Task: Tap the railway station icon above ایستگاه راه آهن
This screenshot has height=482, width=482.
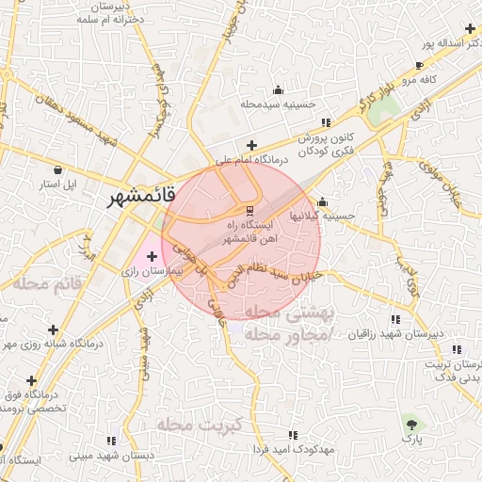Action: tap(249, 209)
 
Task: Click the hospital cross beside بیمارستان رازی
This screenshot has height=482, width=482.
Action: tap(152, 256)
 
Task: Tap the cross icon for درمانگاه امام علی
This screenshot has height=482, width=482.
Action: tap(251, 145)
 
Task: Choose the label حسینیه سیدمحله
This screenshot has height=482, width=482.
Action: tap(278, 104)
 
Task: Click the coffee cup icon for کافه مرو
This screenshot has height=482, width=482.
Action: tap(419, 65)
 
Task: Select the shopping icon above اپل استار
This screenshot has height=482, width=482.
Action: tap(58, 170)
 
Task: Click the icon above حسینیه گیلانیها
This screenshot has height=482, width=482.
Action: tap(322, 201)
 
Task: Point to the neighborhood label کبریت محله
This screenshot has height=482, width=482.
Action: tap(201, 425)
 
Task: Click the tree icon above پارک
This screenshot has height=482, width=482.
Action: tap(411, 420)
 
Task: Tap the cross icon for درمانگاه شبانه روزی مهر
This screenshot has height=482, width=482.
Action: tap(53, 330)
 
